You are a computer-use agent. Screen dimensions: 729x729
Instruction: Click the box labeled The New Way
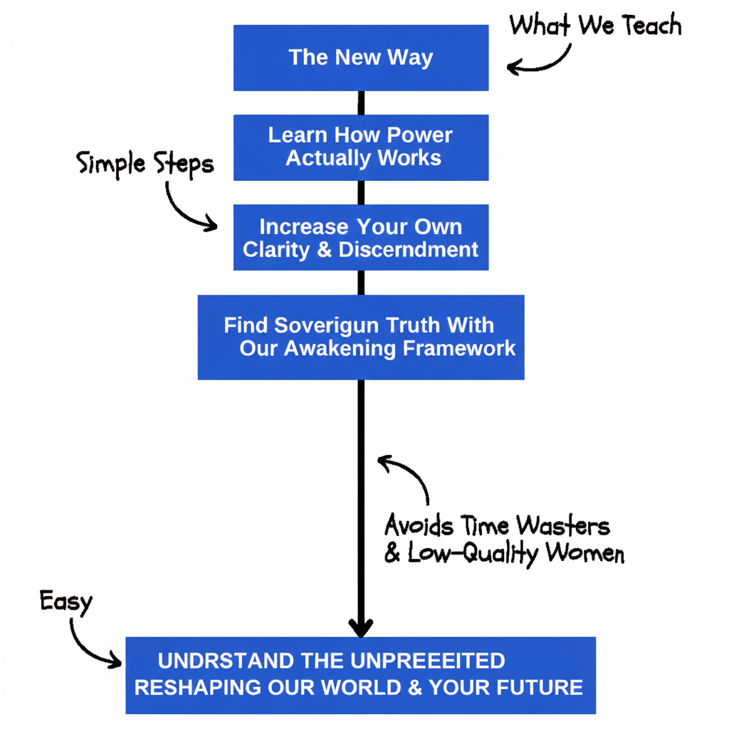pyautogui.click(x=361, y=58)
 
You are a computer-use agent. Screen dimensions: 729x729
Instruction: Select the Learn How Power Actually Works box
pyautogui.click(x=361, y=147)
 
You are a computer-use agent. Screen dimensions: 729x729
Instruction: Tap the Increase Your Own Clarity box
pyautogui.click(x=361, y=238)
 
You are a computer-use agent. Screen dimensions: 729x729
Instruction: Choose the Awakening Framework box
pyautogui.click(x=361, y=337)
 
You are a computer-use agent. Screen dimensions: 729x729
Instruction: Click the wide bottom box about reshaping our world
pyautogui.click(x=361, y=675)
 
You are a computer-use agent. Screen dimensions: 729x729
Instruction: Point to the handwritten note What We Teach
pyautogui.click(x=595, y=26)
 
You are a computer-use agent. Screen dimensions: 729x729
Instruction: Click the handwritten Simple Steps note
pyautogui.click(x=145, y=164)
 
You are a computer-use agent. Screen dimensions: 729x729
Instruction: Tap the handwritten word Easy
pyautogui.click(x=65, y=602)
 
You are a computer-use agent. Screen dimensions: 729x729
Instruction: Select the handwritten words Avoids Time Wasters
pyautogui.click(x=497, y=526)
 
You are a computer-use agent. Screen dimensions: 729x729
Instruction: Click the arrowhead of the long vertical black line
pyautogui.click(x=361, y=626)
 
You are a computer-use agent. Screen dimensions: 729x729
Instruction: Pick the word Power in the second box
pyautogui.click(x=420, y=135)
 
